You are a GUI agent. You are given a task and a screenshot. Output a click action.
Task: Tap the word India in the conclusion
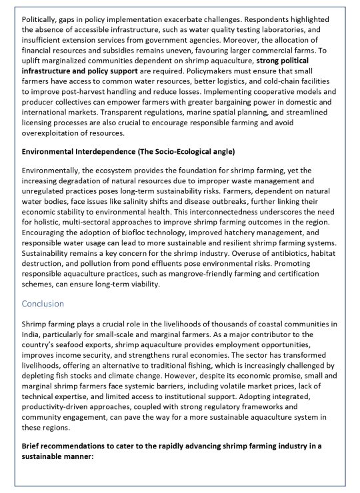point(31,336)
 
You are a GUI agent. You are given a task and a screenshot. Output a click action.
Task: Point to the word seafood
point(69,346)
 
